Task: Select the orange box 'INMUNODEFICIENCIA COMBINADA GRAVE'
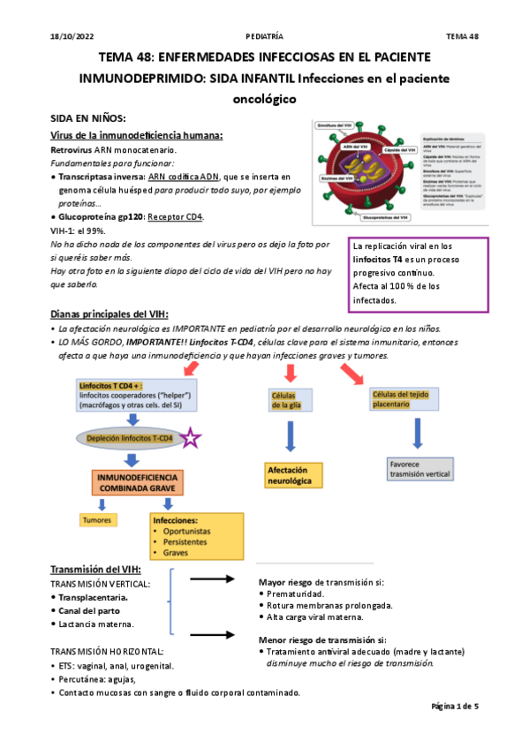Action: (133, 483)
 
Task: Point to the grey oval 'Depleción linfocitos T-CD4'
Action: (131, 437)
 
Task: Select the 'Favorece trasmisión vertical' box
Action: (420, 468)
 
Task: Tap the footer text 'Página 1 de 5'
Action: (455, 707)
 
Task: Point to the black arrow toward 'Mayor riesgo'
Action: (213, 580)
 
